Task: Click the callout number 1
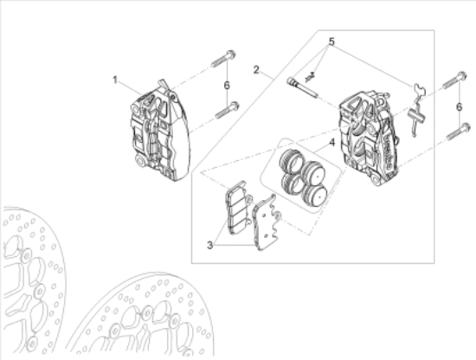coord(114,80)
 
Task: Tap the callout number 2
coord(256,68)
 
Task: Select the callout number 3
coord(209,246)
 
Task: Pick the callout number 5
coord(329,42)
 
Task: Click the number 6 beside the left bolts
coord(226,85)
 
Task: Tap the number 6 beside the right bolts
coord(459,106)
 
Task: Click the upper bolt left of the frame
coord(221,59)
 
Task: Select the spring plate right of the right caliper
coord(416,108)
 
